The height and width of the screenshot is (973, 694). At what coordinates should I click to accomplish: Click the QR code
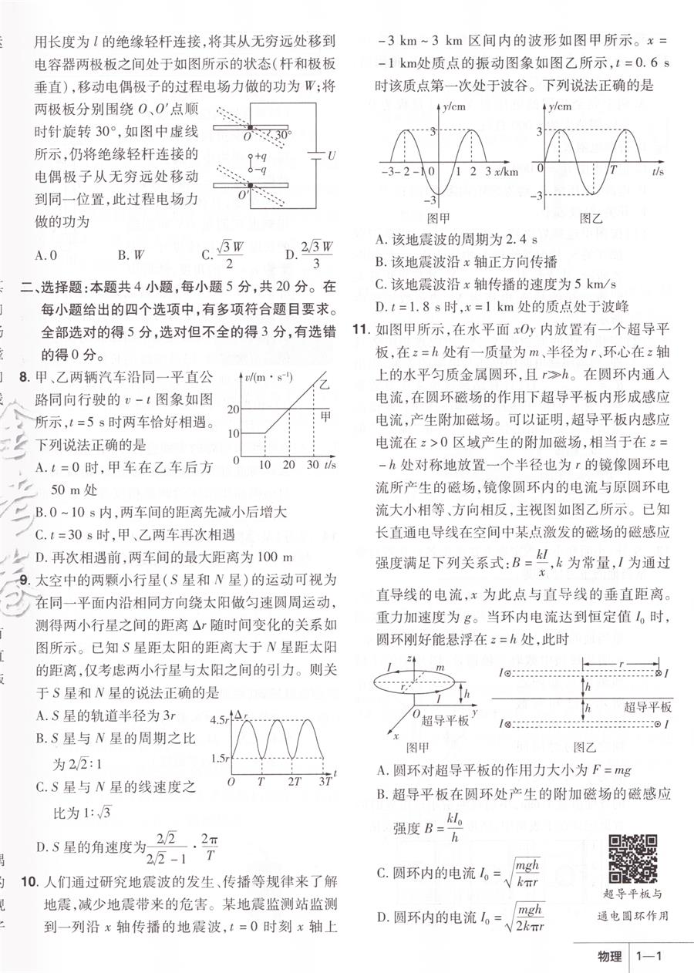633,860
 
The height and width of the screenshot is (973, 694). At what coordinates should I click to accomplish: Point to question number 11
359,331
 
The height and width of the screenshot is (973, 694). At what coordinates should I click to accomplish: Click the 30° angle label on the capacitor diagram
283,136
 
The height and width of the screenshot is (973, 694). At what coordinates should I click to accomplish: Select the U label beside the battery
332,157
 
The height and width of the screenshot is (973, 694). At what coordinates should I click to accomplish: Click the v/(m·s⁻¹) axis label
262,377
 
